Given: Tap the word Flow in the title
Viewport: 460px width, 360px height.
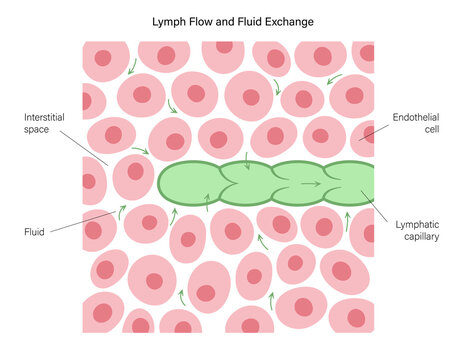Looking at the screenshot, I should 204,20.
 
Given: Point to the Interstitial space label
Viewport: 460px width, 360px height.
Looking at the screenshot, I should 45,123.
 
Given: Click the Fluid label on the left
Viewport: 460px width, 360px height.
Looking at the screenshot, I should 33,231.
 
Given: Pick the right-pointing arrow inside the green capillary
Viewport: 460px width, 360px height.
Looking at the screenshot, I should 311,184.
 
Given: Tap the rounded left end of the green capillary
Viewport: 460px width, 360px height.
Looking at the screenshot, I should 162,183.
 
